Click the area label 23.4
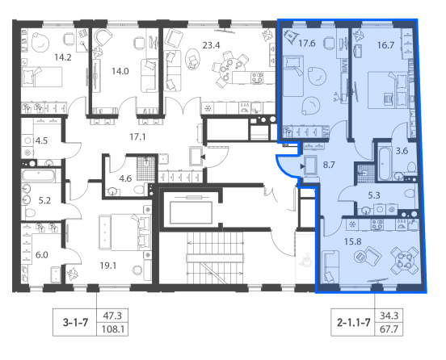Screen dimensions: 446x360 [211, 45]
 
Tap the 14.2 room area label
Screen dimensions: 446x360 [63, 57]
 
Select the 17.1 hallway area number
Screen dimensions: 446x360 [137, 137]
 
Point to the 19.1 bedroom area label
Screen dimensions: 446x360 [108, 266]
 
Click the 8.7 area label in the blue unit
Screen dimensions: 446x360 [329, 165]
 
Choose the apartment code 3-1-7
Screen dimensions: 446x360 [75, 323]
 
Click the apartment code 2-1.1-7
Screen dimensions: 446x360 [354, 323]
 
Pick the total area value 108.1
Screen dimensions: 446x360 [113, 329]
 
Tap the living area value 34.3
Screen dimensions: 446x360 [389, 316]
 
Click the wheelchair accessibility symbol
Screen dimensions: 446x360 [305, 260]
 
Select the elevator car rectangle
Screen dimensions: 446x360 [191, 212]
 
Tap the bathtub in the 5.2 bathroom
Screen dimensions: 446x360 [39, 176]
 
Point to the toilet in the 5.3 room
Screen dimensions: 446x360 [410, 194]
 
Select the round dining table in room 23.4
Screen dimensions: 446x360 [230, 68]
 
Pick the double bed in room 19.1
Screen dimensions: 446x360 [125, 232]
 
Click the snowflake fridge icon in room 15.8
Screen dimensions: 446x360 [352, 224]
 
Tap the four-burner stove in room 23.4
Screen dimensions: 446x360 [257, 77]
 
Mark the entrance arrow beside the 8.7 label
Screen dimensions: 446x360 [302, 166]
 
